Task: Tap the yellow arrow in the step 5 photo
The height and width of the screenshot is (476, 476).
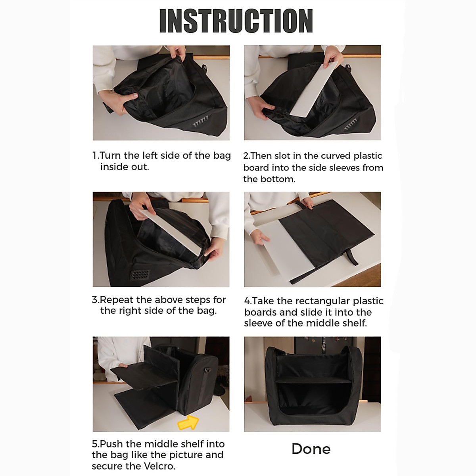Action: [x=188, y=422]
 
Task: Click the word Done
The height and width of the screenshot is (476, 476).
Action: [x=311, y=449]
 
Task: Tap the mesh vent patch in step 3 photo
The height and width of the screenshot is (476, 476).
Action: [x=140, y=275]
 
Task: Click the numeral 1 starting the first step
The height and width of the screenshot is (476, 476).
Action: [x=95, y=155]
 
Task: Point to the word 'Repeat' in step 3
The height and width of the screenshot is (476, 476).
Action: [x=116, y=300]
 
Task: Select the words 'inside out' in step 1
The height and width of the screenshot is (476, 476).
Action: [x=124, y=167]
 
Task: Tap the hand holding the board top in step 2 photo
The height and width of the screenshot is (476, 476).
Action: [x=334, y=57]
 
